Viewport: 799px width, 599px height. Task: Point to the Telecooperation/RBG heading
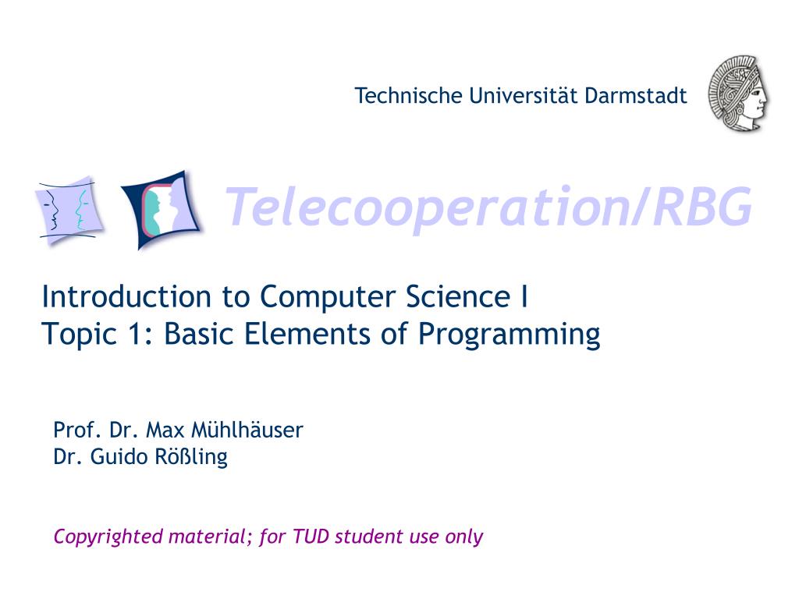coord(489,207)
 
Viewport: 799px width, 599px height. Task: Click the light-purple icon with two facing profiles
coord(68,209)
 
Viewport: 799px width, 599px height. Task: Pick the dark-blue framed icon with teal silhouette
coord(162,208)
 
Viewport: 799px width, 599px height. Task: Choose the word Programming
coord(510,335)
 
